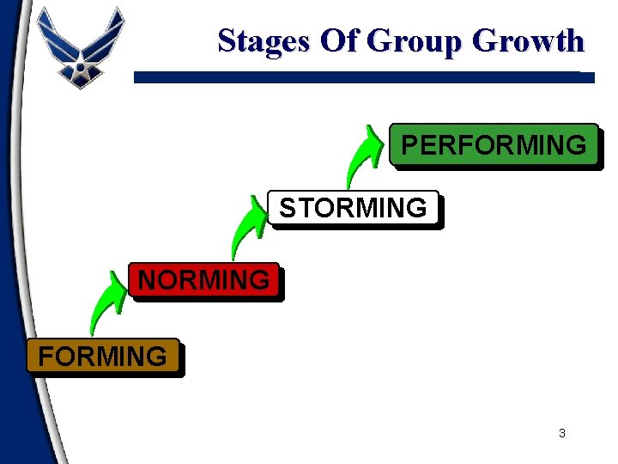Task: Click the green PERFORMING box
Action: [494, 144]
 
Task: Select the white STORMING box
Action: [353, 208]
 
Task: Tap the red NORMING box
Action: [204, 280]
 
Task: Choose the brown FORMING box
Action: [103, 356]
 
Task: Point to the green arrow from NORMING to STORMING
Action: [247, 227]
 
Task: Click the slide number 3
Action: [562, 433]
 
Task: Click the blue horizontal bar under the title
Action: [360, 76]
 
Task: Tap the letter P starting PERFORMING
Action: [409, 145]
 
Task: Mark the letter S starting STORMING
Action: [288, 208]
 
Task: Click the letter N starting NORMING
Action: [148, 280]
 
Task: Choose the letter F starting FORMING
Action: [45, 356]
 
